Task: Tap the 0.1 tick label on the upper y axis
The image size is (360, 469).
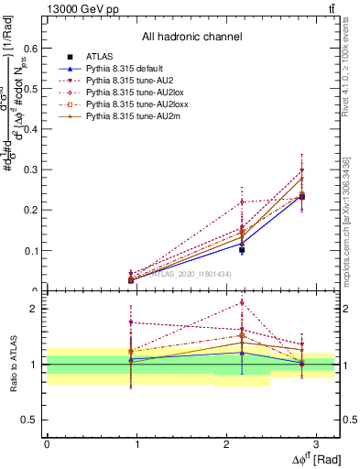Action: (34, 250)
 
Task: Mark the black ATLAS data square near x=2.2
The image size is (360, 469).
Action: (242, 249)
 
